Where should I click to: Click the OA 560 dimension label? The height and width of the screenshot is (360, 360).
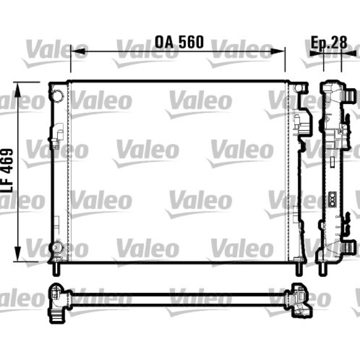tap(179, 42)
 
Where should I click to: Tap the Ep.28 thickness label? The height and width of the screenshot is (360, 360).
tap(329, 42)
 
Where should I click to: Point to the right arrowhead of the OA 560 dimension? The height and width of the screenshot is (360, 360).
tap(277, 51)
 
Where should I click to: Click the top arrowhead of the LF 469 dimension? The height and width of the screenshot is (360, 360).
tap(18, 90)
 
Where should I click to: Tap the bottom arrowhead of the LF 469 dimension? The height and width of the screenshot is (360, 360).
tap(18, 253)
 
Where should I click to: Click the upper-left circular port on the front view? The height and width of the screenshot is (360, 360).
tap(57, 94)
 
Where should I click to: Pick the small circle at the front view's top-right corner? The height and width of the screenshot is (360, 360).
tap(298, 88)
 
